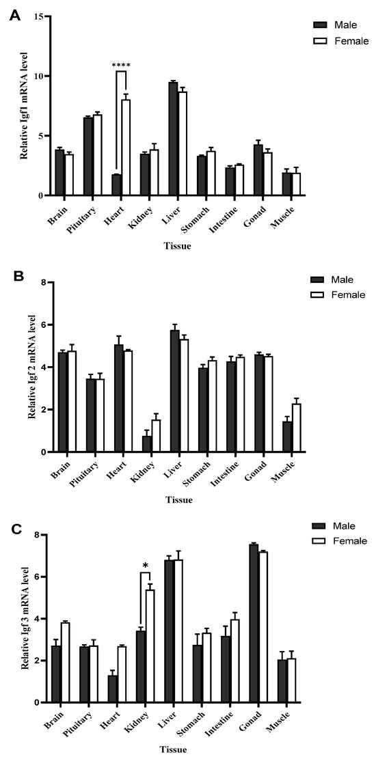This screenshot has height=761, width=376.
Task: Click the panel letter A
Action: coord(14,14)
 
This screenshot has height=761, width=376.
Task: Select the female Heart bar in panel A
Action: coord(126,148)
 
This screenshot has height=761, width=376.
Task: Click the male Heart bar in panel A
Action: coord(116,185)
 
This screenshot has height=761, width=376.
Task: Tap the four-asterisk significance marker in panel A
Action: coord(121,66)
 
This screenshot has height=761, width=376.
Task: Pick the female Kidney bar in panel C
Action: coord(150,646)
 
